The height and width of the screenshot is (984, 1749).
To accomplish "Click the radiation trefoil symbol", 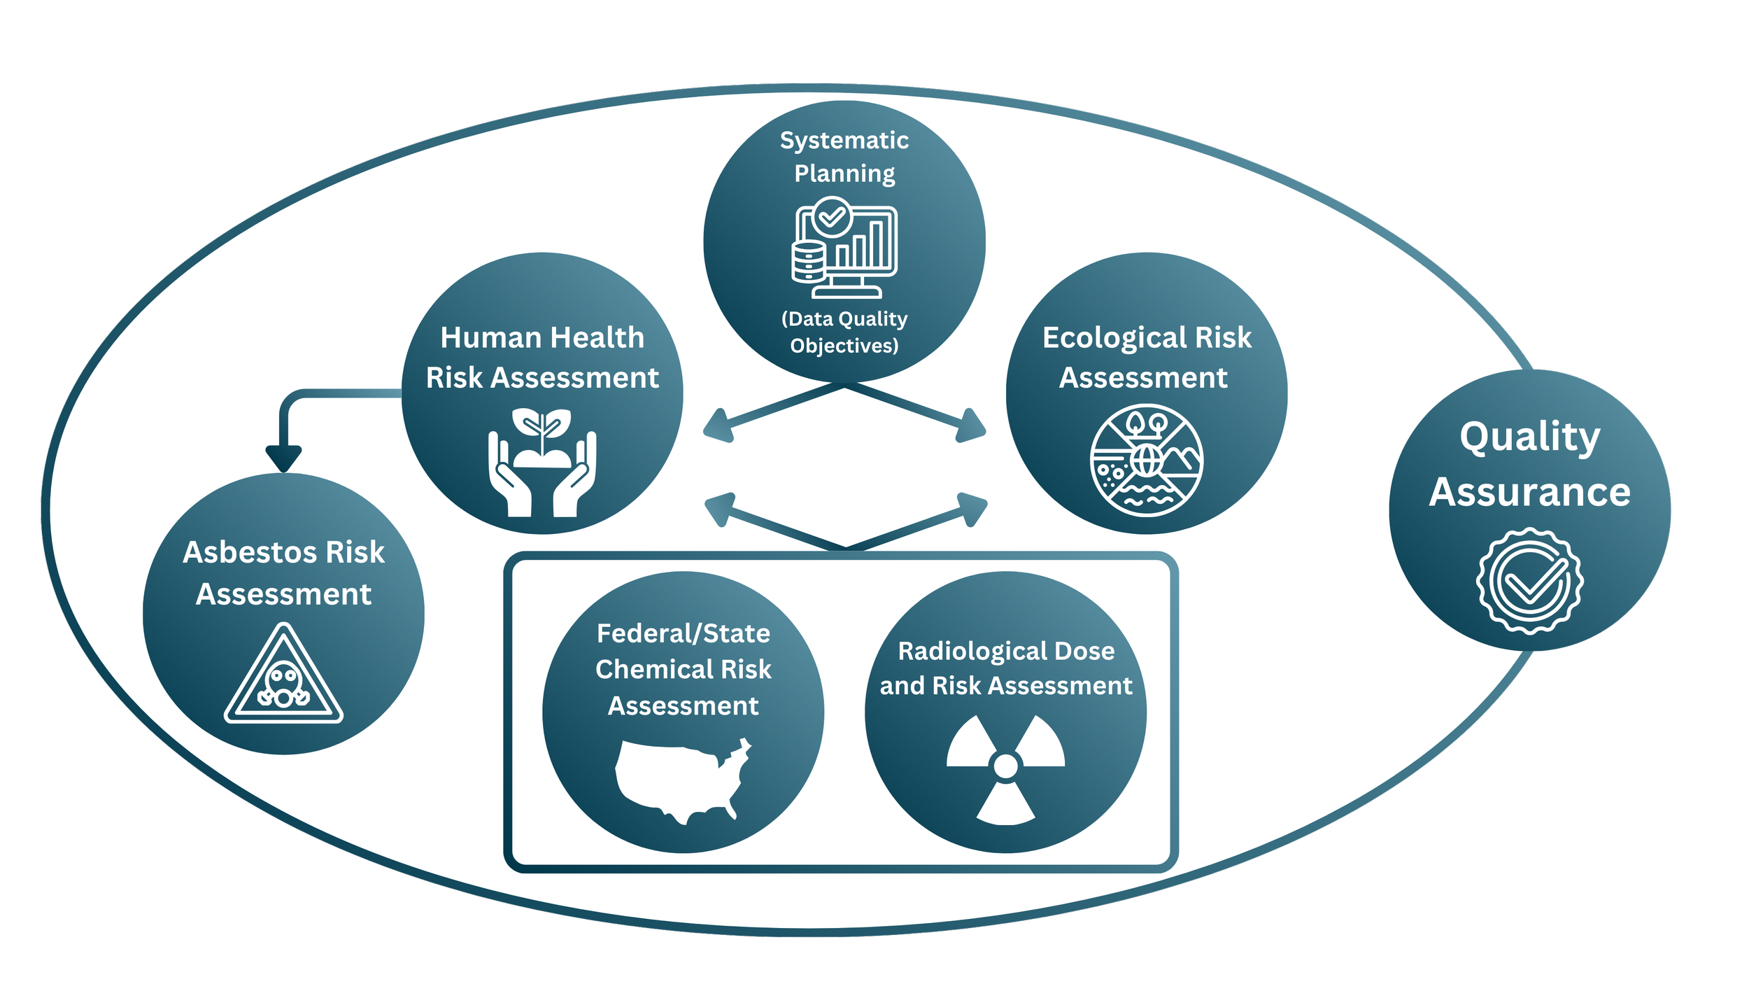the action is [1005, 768].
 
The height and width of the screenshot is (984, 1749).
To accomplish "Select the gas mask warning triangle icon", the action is [283, 675].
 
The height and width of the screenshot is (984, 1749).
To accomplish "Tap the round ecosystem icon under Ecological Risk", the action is [1147, 461].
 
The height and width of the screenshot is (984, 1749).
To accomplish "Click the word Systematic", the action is [844, 141].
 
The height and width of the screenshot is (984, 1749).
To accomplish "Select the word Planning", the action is [844, 174].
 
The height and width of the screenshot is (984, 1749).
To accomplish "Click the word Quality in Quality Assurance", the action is [1530, 438].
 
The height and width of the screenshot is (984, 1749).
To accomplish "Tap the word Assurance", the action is [1530, 492].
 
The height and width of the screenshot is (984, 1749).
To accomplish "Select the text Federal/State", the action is [684, 633].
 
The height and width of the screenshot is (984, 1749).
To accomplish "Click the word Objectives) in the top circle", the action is [844, 346].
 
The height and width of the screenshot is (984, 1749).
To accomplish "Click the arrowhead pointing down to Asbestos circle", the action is [284, 458].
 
